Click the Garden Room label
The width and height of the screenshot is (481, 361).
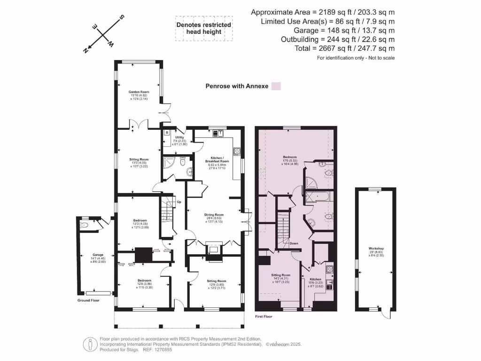coord(139,92)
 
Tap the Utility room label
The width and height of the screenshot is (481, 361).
coord(180,137)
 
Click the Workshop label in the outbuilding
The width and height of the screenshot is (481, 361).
coord(376,248)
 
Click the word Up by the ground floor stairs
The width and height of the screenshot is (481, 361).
coord(179,203)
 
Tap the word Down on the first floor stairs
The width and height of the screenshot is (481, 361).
coord(294,243)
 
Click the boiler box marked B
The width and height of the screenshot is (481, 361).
coord(166,133)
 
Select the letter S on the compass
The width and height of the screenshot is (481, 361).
coord(122,18)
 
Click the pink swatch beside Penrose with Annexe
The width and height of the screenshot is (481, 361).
coord(276,86)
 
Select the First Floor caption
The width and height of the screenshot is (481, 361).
coord(263,317)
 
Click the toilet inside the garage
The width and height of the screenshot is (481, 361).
coord(85,226)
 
